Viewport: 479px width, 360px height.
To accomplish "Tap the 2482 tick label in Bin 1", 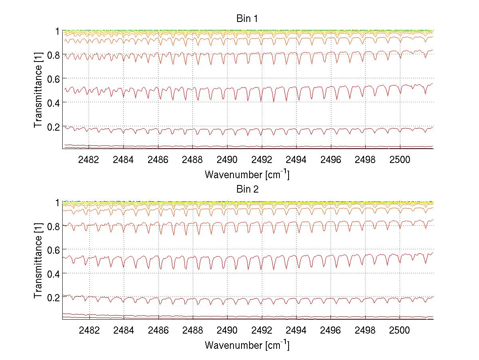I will [x=89, y=159].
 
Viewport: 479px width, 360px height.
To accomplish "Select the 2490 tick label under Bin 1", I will [x=227, y=159].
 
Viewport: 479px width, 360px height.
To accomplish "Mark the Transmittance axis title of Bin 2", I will [x=38, y=261].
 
